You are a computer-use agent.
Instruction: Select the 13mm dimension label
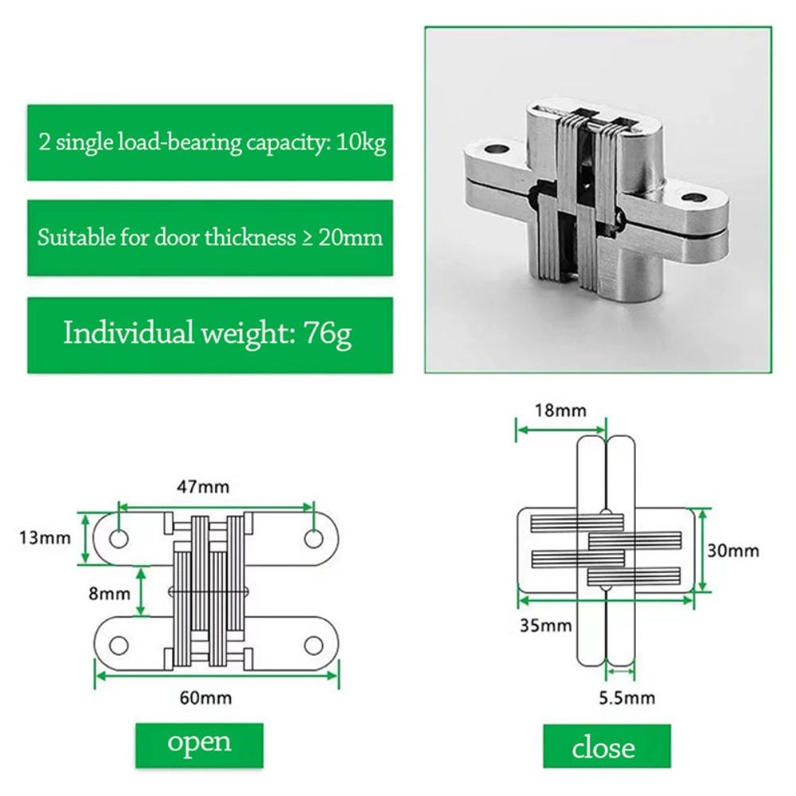(x=39, y=537)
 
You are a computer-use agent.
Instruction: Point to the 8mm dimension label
(x=109, y=593)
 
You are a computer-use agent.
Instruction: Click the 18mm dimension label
(x=560, y=411)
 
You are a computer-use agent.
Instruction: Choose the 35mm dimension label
(x=546, y=625)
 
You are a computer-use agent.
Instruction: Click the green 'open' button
(x=199, y=743)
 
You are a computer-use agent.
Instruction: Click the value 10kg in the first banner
(x=360, y=144)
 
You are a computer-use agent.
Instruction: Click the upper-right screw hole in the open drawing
(x=314, y=539)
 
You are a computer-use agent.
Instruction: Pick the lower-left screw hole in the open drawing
(x=118, y=645)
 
